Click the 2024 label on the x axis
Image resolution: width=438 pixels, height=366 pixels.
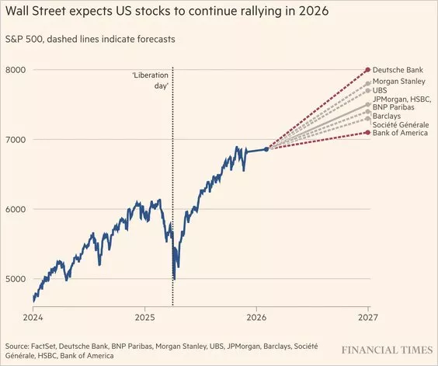[33, 318]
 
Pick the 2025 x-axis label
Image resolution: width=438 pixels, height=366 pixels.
[145, 318]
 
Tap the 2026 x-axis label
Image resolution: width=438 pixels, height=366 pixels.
[256, 318]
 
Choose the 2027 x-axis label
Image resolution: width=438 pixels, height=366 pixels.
[367, 318]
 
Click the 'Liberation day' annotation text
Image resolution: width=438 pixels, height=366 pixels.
[151, 80]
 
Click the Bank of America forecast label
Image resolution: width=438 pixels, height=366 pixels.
[402, 133]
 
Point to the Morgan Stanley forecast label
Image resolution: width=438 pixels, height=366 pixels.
[399, 81]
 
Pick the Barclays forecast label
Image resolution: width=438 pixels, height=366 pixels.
[388, 116]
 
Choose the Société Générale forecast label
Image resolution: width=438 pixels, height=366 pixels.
[402, 124]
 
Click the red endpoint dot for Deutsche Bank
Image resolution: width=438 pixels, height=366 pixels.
[367, 70]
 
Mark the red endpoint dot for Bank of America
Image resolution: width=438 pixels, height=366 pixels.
[367, 133]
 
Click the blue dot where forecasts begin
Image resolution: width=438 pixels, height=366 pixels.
[266, 149]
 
